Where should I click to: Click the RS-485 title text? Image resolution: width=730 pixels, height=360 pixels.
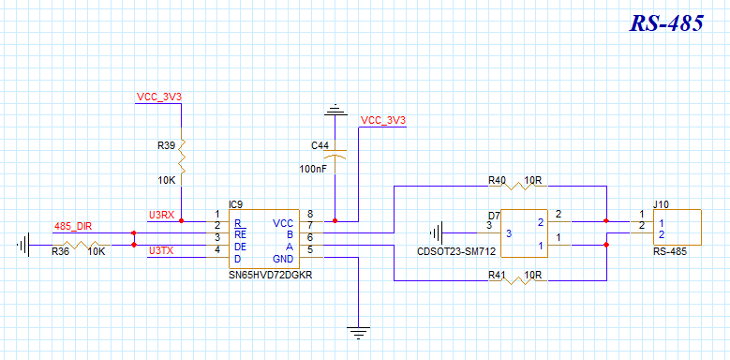pos(666,22)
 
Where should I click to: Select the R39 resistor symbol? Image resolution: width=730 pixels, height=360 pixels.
pos(181,156)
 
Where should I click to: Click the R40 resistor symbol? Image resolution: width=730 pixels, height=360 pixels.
pos(516,186)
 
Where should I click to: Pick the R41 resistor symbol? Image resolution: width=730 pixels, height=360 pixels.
pos(516,280)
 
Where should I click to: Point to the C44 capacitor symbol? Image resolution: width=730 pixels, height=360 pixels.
pos(335,155)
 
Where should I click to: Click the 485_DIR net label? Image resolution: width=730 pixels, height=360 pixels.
pos(73,227)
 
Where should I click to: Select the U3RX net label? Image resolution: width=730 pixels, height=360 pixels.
pos(161,216)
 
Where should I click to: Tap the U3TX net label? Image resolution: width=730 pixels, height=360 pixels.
pos(161,251)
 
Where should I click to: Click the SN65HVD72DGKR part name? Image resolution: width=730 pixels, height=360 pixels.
pos(271,275)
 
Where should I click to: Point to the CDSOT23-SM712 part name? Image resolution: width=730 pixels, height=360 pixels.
pos(456,252)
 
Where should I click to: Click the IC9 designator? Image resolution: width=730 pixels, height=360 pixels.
pos(236,204)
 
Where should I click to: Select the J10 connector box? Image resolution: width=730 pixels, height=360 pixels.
pos(677,227)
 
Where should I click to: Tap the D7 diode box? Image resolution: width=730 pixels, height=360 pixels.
pos(524,232)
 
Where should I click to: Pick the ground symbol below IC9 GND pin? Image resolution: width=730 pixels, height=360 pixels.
pos(359,333)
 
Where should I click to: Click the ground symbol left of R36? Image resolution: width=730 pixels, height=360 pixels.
pos(23,245)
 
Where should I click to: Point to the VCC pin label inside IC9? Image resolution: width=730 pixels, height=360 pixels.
pos(283,223)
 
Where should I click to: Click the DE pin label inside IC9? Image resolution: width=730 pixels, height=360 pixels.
pos(240,246)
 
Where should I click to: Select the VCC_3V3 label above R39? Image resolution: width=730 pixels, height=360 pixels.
pos(158,97)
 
